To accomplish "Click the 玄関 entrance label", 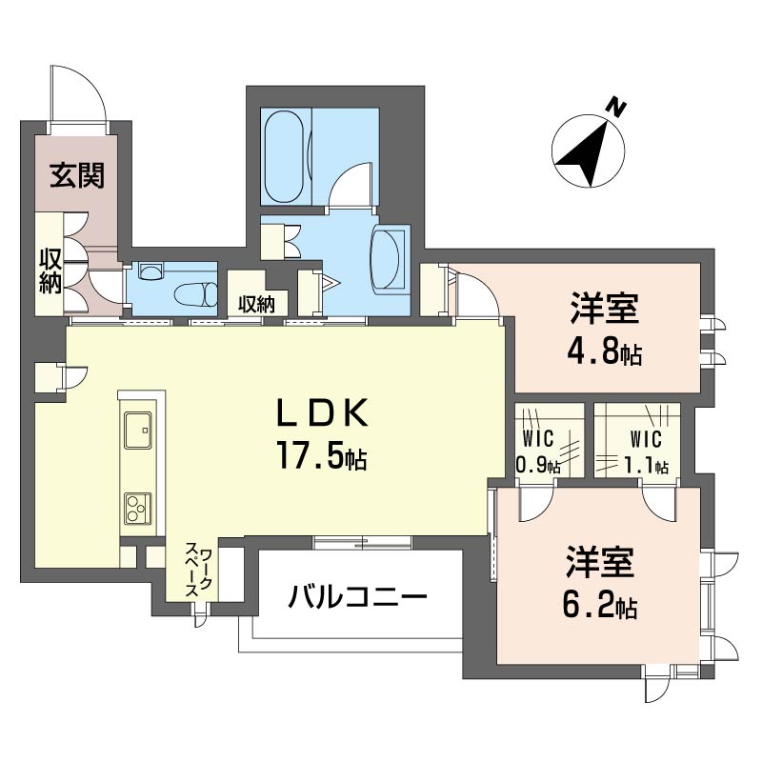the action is tap(78, 175).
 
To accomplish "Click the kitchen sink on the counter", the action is tap(138, 431).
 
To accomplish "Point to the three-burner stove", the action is tap(138, 509).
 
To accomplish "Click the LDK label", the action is tap(322, 412).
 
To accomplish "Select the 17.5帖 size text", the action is tap(322, 455).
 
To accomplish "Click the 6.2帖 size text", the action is tap(600, 604).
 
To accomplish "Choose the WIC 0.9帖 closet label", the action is tap(538, 452).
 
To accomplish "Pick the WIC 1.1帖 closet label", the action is tap(646, 452).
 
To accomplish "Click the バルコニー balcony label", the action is tap(358, 596).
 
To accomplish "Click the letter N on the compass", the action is tap(616, 108).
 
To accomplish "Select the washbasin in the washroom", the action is tap(388, 260).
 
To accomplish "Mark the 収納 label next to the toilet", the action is tap(256, 304).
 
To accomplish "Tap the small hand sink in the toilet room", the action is tap(150, 271).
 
